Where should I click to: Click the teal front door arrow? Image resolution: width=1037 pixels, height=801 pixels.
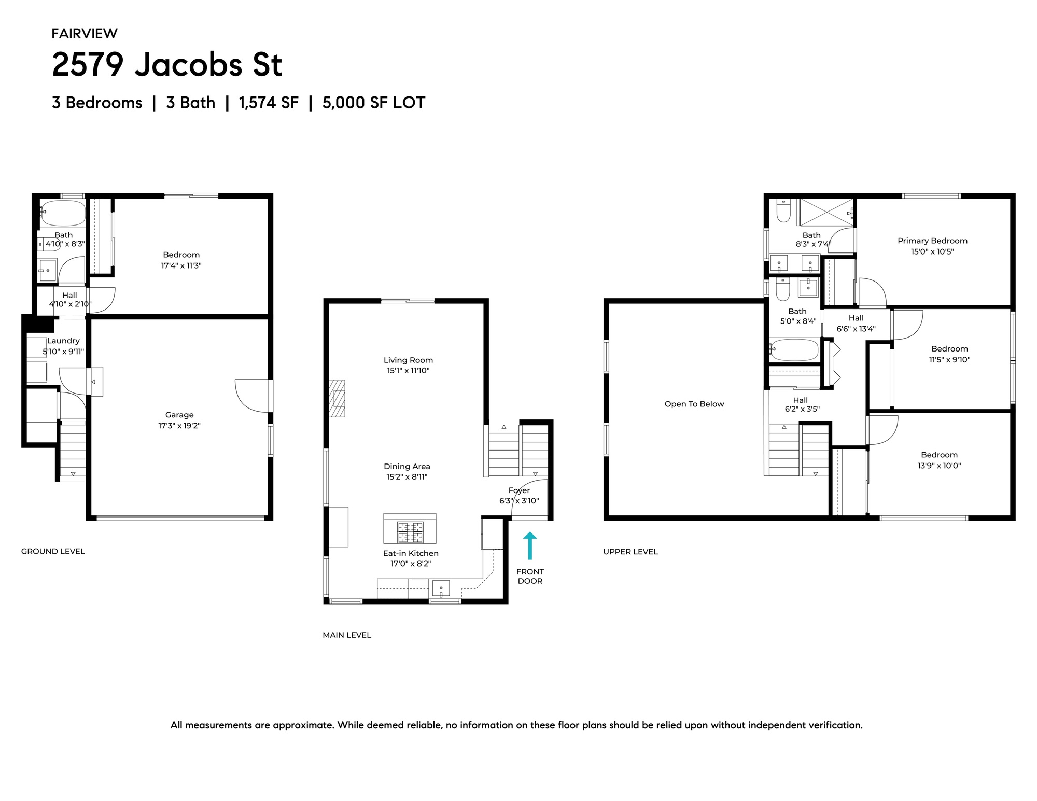(529, 545)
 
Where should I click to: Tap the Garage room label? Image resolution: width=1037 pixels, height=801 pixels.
(179, 415)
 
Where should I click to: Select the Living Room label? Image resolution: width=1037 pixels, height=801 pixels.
(408, 360)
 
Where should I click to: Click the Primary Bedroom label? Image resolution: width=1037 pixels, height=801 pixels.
(932, 241)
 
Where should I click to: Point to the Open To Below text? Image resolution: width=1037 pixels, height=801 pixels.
(694, 404)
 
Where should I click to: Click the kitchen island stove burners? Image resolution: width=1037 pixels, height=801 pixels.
(410, 532)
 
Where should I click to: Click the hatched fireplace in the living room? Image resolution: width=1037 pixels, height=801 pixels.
(337, 398)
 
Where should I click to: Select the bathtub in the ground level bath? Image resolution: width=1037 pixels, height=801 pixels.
(63, 213)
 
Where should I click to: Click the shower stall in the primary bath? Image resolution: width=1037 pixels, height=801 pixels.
(826, 213)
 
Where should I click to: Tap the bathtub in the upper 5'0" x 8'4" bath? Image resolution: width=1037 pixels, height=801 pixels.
(793, 350)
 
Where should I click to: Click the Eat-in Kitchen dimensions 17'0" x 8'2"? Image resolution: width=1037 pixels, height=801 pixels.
(411, 564)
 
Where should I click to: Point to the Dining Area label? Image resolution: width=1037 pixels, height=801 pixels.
(407, 467)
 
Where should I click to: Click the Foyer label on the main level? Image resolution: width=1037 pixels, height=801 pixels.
(519, 490)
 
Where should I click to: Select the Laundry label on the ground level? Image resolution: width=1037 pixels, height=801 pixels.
(63, 341)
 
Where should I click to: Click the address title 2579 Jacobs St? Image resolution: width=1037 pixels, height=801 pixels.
(167, 65)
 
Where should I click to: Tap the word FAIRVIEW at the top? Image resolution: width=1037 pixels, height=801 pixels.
(85, 34)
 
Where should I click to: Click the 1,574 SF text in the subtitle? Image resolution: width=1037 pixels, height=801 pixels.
(269, 103)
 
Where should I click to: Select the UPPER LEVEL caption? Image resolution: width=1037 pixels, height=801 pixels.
(630, 552)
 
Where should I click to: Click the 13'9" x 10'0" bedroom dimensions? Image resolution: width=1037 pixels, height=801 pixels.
(939, 466)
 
